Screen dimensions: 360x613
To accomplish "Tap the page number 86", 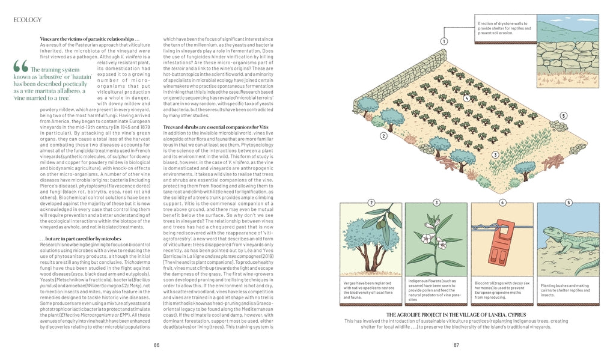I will coord(157,345).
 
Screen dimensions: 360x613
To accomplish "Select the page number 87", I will coord(456,345).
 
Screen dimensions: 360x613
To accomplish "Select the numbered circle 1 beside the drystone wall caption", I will coord(444,41).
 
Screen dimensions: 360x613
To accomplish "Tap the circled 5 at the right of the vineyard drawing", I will coord(563,115).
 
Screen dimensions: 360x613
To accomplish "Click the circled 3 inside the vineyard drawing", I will coord(495,155).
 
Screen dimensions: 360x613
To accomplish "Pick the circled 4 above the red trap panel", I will coord(502,203).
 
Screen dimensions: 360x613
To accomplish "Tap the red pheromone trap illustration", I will coord(504,243).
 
